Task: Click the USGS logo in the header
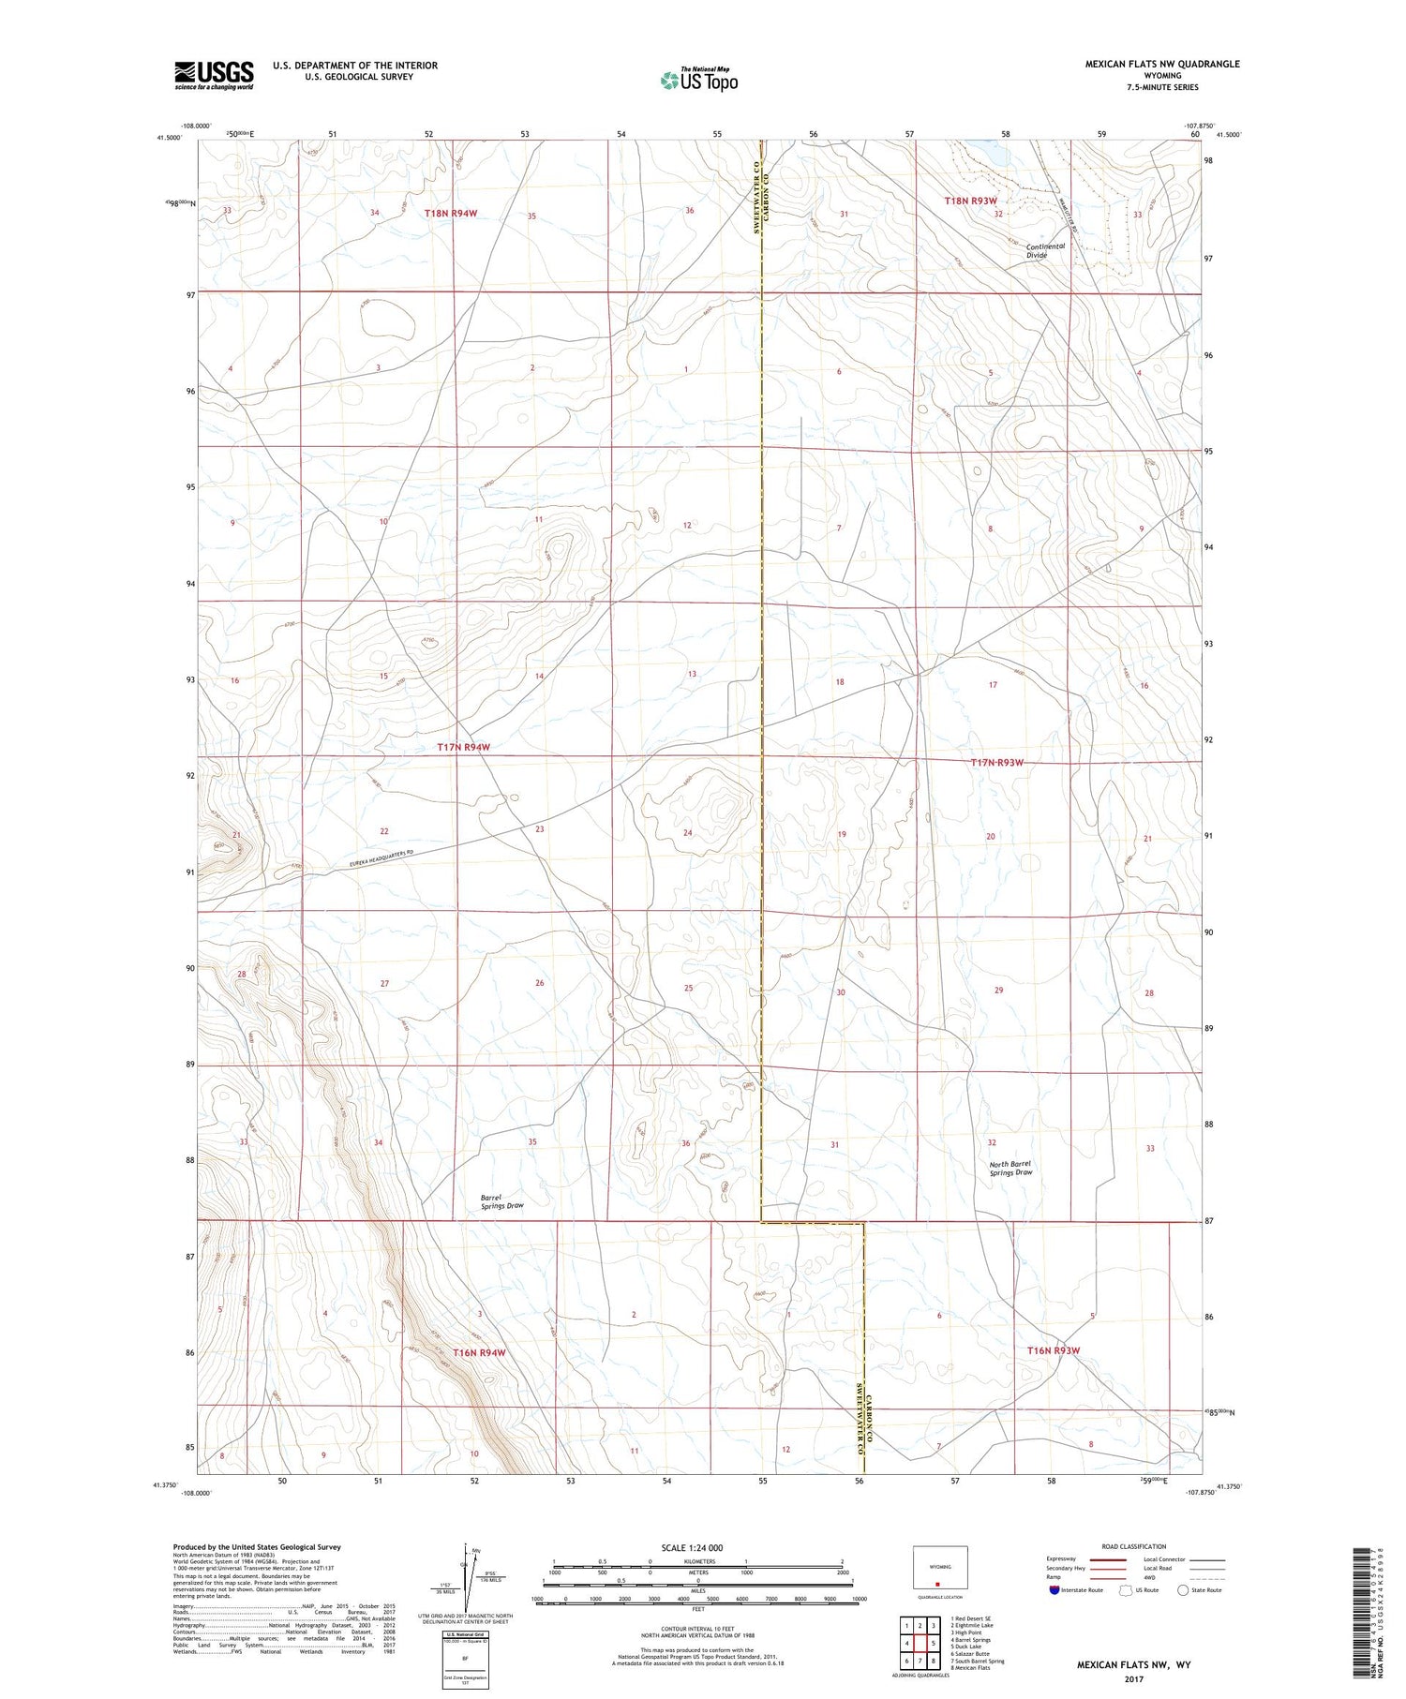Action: [214, 75]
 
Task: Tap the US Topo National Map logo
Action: [698, 81]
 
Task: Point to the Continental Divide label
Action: [1045, 250]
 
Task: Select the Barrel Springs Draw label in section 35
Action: [501, 1201]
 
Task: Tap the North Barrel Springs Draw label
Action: [1010, 1168]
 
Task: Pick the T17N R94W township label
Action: [464, 747]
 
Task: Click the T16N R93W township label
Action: [1054, 1350]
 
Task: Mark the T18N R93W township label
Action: [970, 201]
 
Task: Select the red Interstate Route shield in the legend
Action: [1054, 1590]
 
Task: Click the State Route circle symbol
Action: [1183, 1590]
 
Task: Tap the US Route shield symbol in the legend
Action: [1126, 1590]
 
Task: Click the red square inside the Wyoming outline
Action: [936, 1585]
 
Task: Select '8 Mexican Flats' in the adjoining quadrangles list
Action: [970, 1668]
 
